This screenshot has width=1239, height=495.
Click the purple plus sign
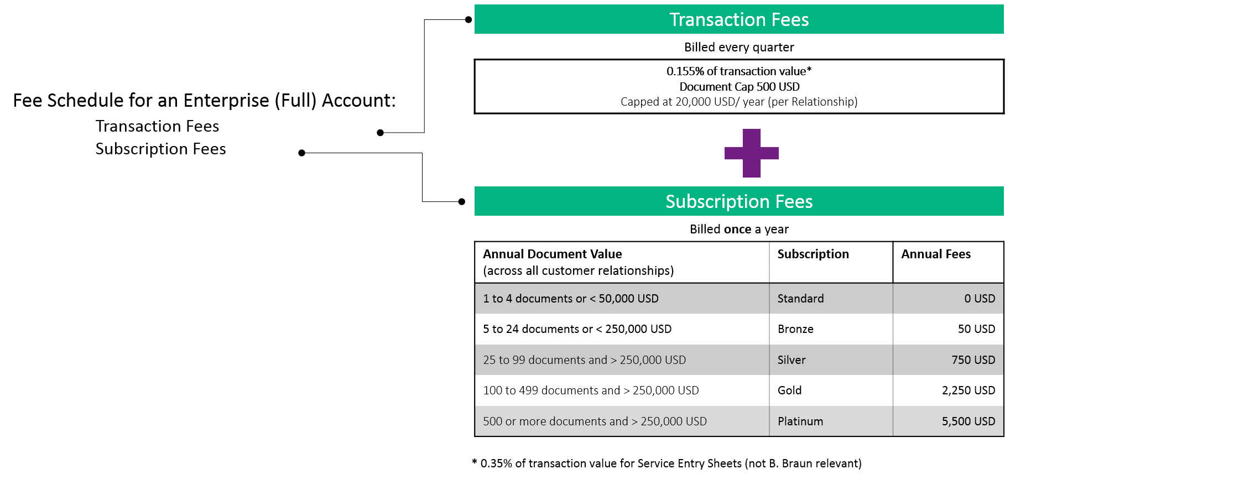pos(751,153)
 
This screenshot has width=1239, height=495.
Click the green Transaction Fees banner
pos(739,19)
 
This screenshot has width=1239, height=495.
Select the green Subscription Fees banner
pos(739,201)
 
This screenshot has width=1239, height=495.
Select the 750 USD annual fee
pos(973,360)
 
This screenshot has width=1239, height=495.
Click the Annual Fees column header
pos(936,254)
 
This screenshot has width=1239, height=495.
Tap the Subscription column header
pos(813,254)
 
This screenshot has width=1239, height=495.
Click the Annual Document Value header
pos(553,254)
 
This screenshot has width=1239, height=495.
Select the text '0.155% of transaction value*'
pos(739,71)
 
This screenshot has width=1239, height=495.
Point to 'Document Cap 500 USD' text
pos(739,86)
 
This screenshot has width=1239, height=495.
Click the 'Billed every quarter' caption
pos(739,47)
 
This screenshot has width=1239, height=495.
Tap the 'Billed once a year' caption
pos(739,229)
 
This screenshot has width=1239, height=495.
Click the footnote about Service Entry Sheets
pos(667,463)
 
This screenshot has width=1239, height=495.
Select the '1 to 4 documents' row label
pos(571,299)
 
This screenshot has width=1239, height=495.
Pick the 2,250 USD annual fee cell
pos(969,390)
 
